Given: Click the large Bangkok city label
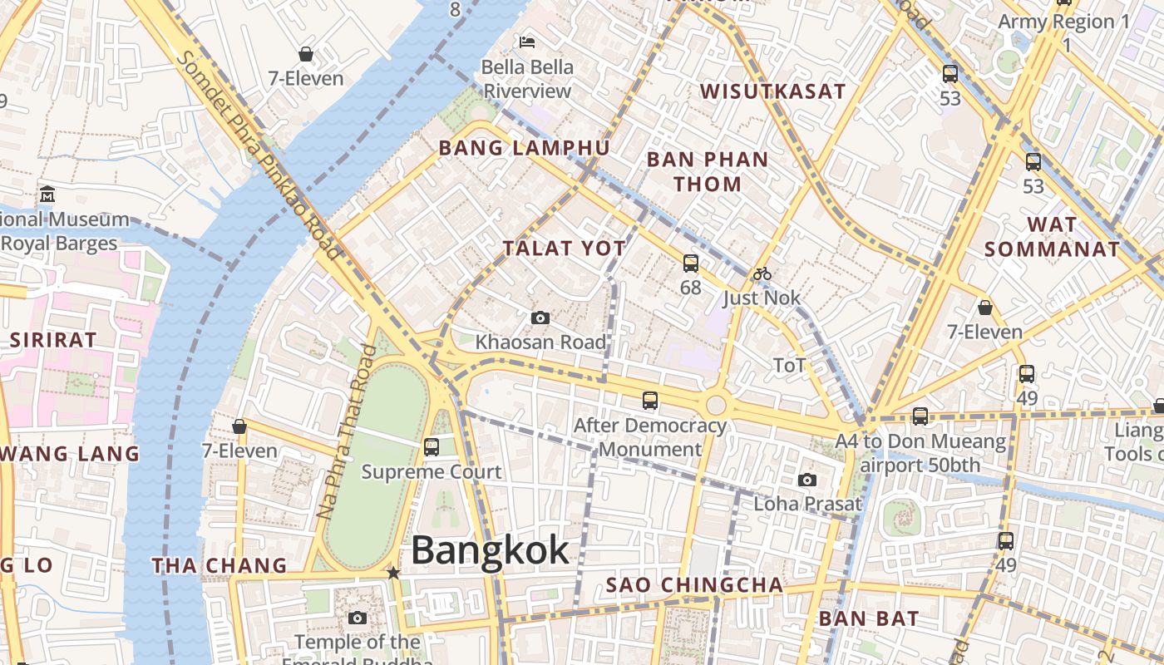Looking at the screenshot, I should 490,551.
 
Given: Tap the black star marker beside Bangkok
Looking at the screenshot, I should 393,573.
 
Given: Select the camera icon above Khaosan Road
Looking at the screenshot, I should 540,318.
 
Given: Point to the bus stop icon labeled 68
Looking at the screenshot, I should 690,264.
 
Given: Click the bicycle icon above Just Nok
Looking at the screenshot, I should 762,273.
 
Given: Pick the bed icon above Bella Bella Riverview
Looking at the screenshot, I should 527,42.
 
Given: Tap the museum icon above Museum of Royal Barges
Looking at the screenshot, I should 47,195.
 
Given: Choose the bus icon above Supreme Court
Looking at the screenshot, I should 431,446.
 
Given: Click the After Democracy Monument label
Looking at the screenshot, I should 650,437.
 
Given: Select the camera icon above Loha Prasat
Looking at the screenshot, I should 806,480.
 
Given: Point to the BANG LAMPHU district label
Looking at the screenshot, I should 524,148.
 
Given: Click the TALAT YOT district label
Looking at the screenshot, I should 564,248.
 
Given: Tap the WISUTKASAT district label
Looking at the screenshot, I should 772,91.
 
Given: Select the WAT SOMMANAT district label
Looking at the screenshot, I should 1052,237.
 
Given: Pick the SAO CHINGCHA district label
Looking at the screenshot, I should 694,585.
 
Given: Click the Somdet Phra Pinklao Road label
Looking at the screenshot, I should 259,155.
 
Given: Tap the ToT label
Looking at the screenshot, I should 789,365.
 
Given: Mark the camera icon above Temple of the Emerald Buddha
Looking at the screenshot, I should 358,618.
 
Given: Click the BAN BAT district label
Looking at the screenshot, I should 869,618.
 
